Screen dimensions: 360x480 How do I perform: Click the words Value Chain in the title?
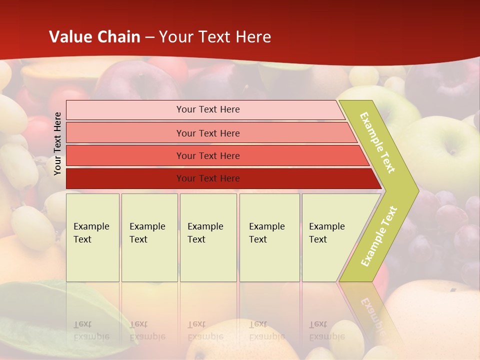(x=94, y=37)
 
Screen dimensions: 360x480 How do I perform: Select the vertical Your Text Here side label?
(x=58, y=144)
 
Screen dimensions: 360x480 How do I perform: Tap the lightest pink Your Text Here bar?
(x=208, y=109)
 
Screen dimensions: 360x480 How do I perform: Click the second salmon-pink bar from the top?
(x=208, y=133)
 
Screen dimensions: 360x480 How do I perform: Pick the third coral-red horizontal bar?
(x=208, y=155)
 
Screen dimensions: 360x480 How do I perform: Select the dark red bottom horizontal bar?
(x=208, y=178)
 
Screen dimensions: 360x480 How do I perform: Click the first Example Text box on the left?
(x=92, y=237)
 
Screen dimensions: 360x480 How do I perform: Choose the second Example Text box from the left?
(x=149, y=237)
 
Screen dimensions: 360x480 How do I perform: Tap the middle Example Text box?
(x=208, y=237)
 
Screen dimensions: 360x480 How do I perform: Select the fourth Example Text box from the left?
(x=269, y=237)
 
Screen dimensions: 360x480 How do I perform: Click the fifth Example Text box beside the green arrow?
(x=330, y=237)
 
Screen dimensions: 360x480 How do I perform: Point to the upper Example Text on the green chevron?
(x=377, y=142)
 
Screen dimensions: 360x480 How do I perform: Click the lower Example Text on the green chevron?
(x=379, y=236)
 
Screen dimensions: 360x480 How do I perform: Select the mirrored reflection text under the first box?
(x=91, y=331)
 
